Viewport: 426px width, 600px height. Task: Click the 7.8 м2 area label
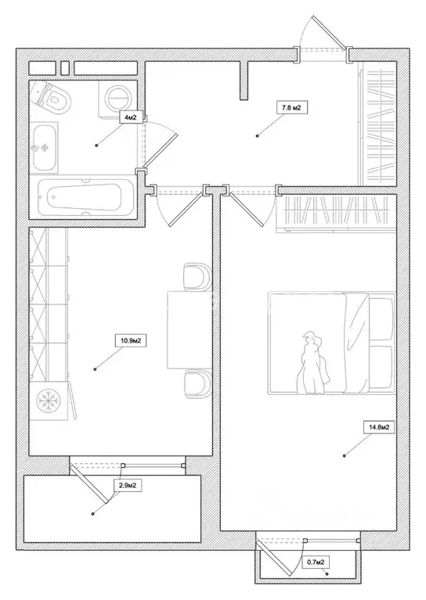coord(292,108)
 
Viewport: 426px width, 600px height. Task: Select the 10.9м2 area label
coord(131,340)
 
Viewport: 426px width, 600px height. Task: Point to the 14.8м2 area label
coord(379,427)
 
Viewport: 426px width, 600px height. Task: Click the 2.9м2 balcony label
coord(128,486)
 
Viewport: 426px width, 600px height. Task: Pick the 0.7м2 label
coord(316,562)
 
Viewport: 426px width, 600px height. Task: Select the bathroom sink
coord(45,148)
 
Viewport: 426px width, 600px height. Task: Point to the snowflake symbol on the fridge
coord(49,401)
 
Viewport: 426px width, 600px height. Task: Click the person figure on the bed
coord(313,363)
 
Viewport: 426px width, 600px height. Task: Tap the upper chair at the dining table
coord(197,276)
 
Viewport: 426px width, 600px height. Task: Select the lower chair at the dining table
coord(197,384)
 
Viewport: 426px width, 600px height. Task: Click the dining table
coord(190,330)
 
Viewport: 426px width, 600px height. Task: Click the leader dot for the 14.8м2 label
coord(344,456)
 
